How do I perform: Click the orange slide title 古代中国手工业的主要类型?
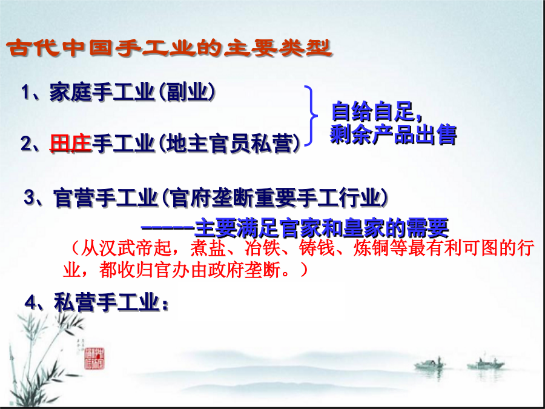(170, 48)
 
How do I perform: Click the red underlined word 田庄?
(71, 143)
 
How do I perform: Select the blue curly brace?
(311, 116)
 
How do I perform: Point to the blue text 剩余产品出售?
(393, 134)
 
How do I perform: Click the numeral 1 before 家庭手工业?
(25, 93)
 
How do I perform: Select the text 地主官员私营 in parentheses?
(229, 143)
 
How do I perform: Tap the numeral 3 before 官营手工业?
(30, 198)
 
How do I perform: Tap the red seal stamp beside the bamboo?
(94, 358)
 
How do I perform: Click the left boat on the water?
(430, 364)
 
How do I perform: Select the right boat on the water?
(486, 364)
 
